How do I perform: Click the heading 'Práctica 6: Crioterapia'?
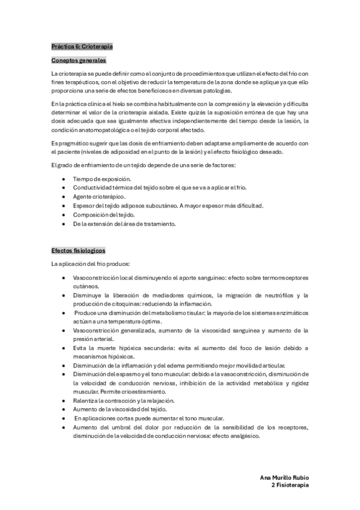point(82,46)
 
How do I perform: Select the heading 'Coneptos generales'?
point(79,61)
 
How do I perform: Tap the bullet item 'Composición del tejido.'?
point(104,215)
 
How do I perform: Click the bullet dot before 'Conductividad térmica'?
point(64,188)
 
